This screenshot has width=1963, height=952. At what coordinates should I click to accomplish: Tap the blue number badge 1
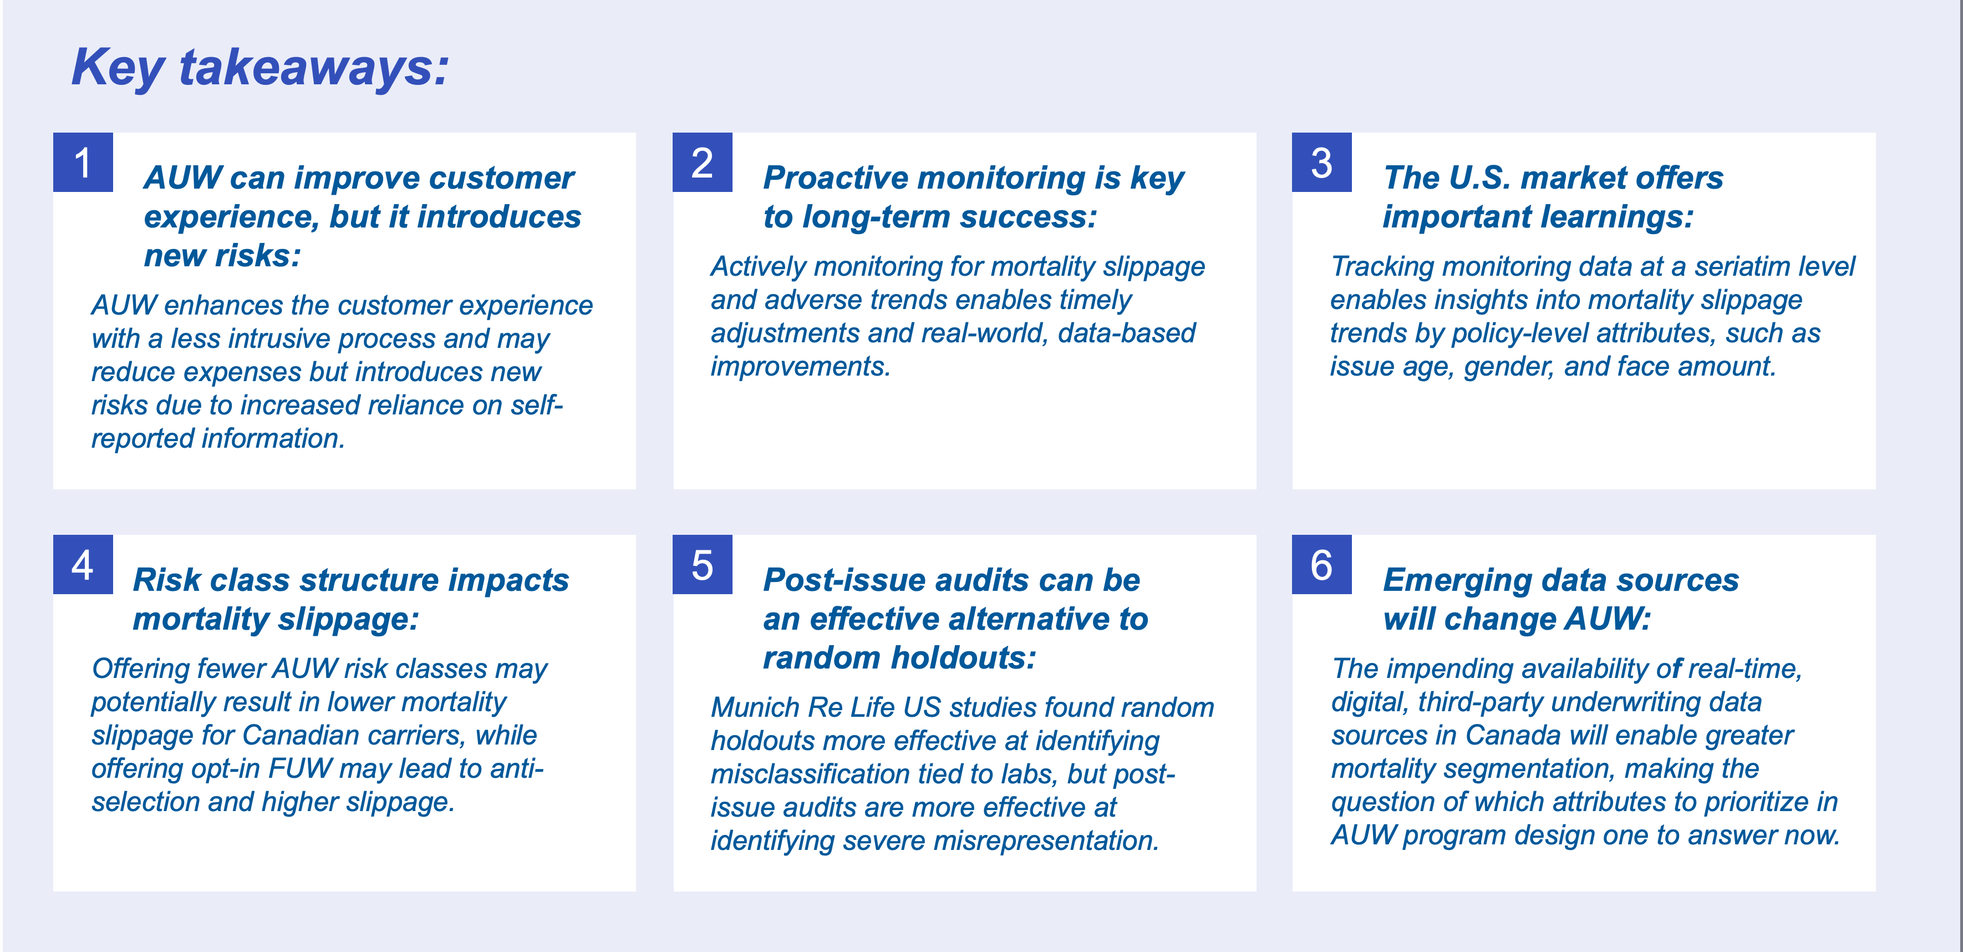(x=83, y=163)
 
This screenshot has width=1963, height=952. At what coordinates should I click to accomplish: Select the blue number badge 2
(x=703, y=163)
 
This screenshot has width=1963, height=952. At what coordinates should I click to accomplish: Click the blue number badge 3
(x=1322, y=163)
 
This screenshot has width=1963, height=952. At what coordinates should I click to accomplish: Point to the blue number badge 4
(x=83, y=565)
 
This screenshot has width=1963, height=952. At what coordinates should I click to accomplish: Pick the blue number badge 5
(x=703, y=565)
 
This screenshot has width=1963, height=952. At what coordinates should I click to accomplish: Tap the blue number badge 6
(x=1322, y=565)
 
